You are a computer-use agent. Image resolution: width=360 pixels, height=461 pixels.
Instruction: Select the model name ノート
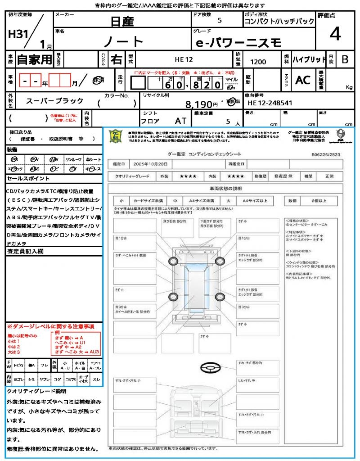123,41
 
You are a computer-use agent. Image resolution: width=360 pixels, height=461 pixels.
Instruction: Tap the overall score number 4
335,34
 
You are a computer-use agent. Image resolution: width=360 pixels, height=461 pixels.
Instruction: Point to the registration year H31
18,34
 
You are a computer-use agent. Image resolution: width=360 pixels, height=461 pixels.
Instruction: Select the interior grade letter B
345,59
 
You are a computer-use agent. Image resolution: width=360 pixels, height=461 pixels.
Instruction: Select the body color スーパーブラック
54,101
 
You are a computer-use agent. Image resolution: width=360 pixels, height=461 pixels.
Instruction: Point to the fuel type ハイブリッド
309,59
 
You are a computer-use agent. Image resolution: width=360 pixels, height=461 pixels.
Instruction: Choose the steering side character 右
116,59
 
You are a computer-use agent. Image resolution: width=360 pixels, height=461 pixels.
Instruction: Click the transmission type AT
181,121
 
